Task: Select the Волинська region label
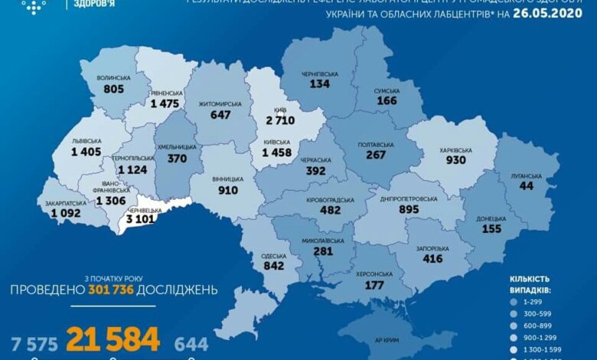click(x=114, y=78)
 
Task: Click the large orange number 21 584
click(x=113, y=339)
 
